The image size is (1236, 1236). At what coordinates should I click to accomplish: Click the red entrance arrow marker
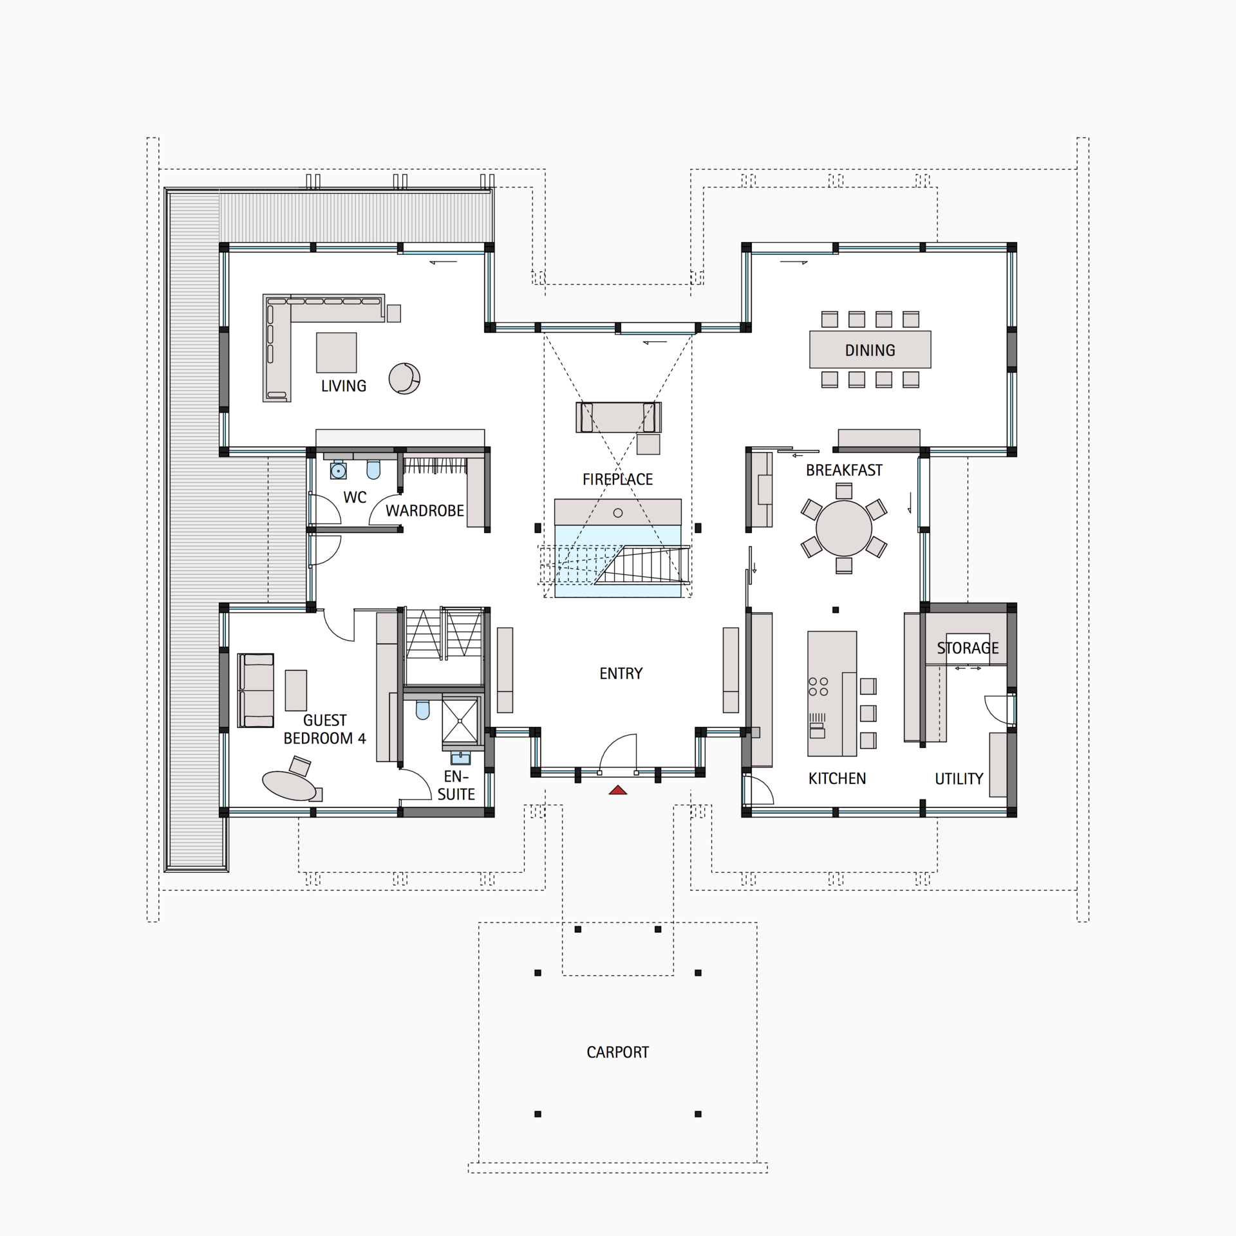click(x=618, y=790)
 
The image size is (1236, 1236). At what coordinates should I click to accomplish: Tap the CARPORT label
click(x=617, y=1052)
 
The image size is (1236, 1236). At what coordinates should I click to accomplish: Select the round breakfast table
click(x=843, y=528)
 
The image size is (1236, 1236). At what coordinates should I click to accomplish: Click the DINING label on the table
click(x=870, y=350)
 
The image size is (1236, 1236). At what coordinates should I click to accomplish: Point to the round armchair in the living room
click(x=404, y=378)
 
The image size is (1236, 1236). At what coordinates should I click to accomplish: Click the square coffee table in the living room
click(x=336, y=352)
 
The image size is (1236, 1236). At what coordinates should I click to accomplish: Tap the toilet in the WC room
click(x=373, y=469)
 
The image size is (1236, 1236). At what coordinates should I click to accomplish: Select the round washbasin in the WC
click(x=338, y=471)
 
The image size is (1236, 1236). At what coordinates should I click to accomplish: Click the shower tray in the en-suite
click(x=461, y=722)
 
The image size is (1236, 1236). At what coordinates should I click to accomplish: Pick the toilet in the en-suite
click(x=422, y=709)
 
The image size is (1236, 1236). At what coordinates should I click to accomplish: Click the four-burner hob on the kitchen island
click(x=818, y=686)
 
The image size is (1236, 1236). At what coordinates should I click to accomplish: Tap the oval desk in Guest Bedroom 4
click(x=289, y=785)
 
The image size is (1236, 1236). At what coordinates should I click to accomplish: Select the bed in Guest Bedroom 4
click(x=256, y=690)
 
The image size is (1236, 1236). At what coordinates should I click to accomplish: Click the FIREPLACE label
click(x=617, y=479)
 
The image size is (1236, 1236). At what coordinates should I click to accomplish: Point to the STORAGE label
click(x=968, y=648)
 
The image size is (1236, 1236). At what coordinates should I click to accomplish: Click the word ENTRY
click(x=621, y=673)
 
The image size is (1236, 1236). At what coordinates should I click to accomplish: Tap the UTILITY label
click(x=959, y=779)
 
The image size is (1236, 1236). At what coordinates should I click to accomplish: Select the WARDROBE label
click(x=425, y=510)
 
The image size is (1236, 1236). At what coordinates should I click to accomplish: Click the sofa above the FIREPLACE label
click(x=618, y=417)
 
